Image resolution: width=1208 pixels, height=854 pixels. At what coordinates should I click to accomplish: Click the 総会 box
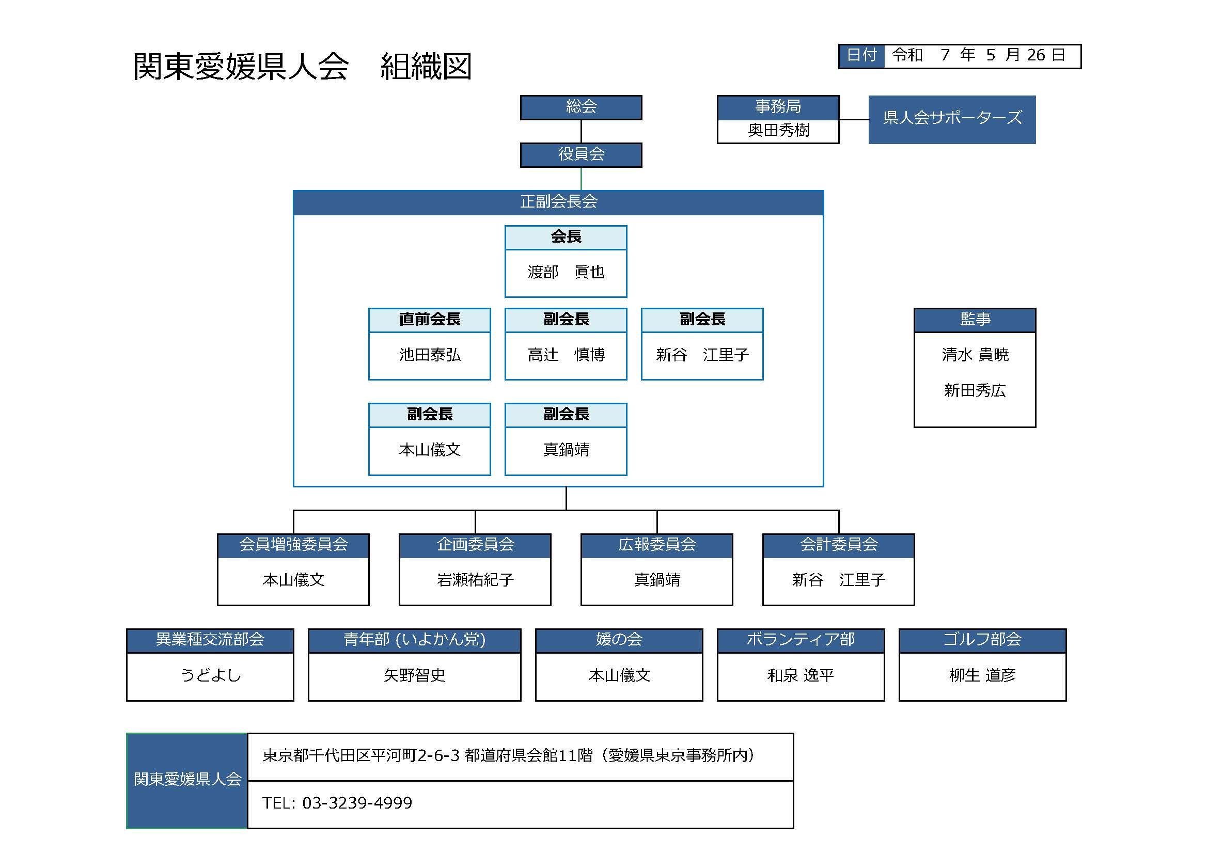581,107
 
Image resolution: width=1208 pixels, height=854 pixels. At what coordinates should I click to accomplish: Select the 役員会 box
581,154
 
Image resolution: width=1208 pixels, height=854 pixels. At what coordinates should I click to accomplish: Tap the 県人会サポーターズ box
952,119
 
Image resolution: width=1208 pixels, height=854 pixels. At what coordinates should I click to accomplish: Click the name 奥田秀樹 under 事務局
778,131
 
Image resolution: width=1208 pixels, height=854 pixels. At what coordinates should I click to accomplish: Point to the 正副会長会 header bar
558,202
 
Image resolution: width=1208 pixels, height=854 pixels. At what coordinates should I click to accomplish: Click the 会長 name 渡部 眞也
566,273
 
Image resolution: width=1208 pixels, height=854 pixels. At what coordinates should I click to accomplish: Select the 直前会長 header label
429,320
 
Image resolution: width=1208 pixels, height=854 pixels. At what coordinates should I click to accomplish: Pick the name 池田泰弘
429,355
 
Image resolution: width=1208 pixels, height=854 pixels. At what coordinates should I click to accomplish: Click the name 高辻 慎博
566,355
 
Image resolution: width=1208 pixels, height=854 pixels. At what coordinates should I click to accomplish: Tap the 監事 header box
975,320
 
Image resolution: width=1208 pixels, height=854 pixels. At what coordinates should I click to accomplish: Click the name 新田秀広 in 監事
975,391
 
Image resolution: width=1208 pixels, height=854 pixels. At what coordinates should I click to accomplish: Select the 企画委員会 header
475,545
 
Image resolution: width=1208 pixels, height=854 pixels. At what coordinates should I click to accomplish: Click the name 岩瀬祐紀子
475,580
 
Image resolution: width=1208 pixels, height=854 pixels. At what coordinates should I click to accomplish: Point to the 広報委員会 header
656,545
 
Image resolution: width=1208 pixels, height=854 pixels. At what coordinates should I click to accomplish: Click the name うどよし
210,675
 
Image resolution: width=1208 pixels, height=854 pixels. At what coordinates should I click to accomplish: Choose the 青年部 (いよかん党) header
414,640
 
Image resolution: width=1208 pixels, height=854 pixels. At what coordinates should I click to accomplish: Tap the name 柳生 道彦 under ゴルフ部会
982,675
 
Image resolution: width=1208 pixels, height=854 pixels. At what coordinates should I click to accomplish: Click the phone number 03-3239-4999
357,803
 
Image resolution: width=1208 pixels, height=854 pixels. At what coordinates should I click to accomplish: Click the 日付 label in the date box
861,55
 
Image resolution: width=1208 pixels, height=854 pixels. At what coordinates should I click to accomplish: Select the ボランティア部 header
800,640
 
